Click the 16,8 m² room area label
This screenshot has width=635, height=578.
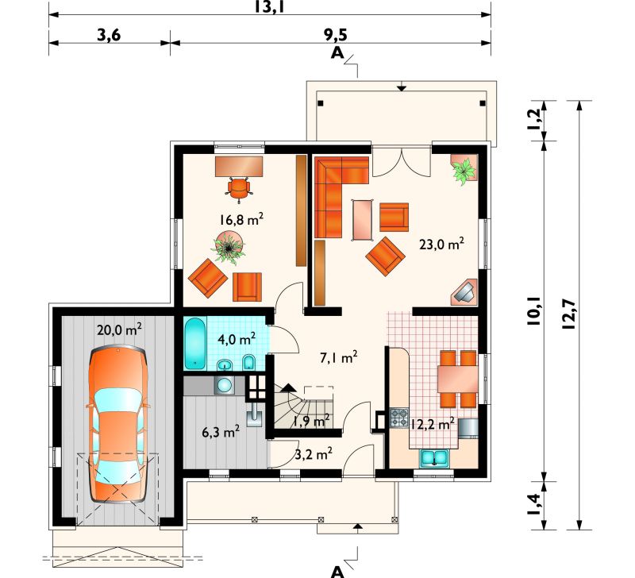click(242, 220)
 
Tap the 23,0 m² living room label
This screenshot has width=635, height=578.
click(441, 245)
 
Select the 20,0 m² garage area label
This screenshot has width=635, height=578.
click(119, 329)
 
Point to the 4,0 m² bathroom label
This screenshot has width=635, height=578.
click(237, 338)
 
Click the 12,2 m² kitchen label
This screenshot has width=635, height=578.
click(432, 424)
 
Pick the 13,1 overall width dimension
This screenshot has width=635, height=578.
click(268, 7)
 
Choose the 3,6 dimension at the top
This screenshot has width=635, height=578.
click(109, 35)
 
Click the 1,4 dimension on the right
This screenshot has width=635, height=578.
click(533, 504)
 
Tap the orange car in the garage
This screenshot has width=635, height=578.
click(117, 425)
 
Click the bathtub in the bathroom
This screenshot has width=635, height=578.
click(195, 344)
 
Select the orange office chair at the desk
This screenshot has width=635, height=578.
click(239, 189)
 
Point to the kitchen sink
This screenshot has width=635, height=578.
click(434, 458)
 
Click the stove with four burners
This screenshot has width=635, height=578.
click(399, 418)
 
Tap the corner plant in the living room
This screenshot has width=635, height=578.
click(464, 169)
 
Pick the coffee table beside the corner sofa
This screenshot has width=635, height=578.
click(364, 219)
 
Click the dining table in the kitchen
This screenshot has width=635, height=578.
click(458, 378)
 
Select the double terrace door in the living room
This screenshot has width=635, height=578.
click(401, 161)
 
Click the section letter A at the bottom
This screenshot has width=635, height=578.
click(337, 571)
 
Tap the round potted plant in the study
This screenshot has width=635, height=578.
click(229, 247)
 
